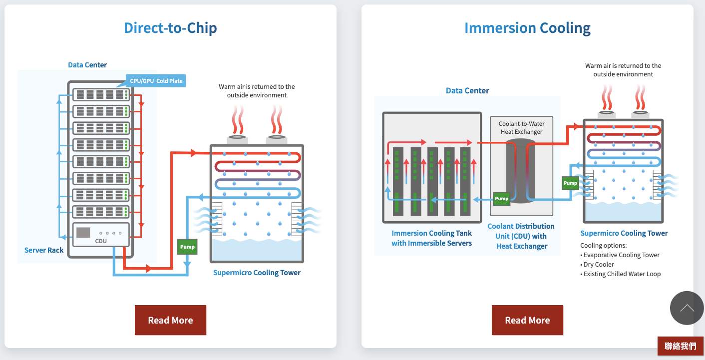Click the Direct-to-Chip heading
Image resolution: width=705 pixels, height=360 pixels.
point(170,27)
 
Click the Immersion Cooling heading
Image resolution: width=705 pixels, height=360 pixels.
point(527,28)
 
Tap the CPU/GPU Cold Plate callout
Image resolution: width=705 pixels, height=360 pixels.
point(156,81)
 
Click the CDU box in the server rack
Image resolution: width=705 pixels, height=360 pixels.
point(101,235)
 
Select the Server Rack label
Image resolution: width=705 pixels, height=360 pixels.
point(44,250)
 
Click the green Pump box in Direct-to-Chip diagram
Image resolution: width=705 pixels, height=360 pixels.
point(187,247)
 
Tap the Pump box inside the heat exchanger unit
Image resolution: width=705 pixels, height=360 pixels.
point(501,199)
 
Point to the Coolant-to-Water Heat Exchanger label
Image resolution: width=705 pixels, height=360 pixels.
point(522,128)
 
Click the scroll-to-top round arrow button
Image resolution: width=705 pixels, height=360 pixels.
point(687,308)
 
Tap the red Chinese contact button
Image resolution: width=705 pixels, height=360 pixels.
point(680,346)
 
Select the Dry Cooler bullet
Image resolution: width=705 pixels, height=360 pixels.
point(597,264)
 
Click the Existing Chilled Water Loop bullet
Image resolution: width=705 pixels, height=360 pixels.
point(620,274)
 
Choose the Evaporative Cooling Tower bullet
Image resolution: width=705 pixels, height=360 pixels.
point(620,255)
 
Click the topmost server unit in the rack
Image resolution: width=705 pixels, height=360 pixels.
point(101,94)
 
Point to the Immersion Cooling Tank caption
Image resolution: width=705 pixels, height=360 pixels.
point(431,238)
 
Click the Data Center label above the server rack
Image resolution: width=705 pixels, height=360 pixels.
point(87,65)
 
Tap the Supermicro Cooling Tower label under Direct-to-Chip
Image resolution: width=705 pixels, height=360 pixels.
point(257,273)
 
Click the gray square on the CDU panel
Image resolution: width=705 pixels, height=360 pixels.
point(83,233)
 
